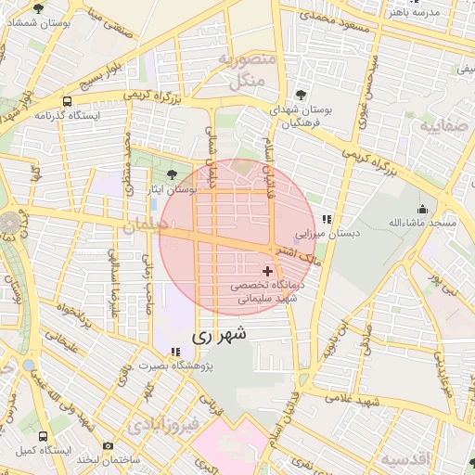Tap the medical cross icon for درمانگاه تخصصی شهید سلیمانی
(x=269, y=272)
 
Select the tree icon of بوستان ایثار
(x=171, y=174)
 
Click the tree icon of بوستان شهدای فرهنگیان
(x=301, y=95)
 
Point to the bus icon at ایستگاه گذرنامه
(x=66, y=101)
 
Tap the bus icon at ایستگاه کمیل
(x=45, y=435)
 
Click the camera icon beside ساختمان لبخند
(x=108, y=446)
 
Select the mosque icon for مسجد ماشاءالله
(x=423, y=209)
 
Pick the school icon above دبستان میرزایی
(x=326, y=220)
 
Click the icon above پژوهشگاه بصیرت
(x=175, y=351)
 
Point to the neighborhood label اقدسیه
(x=405, y=459)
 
